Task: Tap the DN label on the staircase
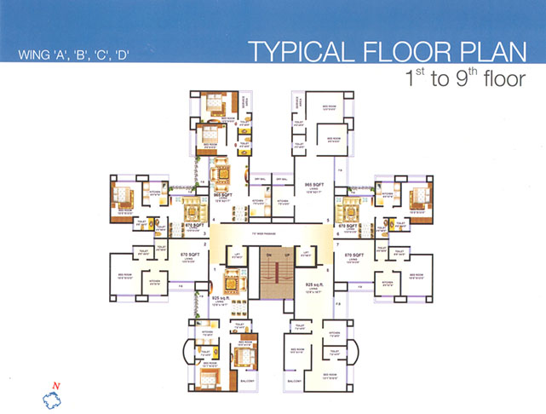pyautogui.click(x=266, y=255)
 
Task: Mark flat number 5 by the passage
pyautogui.click(x=329, y=221)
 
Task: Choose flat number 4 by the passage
pyautogui.click(x=215, y=221)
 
